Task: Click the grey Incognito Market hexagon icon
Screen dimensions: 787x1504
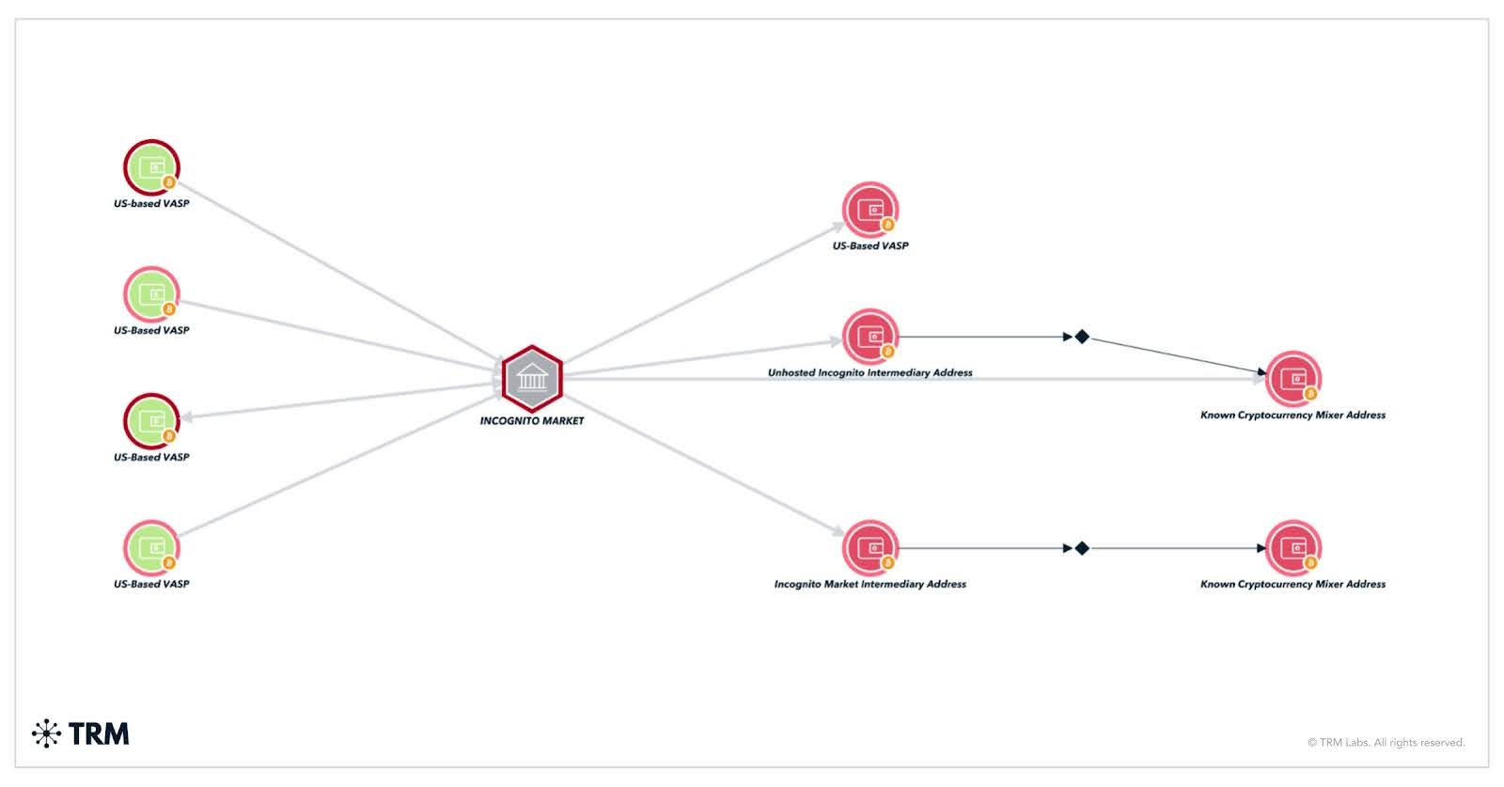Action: pyautogui.click(x=532, y=378)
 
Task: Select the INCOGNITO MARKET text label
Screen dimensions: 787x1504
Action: pyautogui.click(x=532, y=420)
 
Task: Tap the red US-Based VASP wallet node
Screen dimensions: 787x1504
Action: pyautogui.click(x=870, y=210)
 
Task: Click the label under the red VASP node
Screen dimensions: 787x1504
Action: pyautogui.click(x=870, y=245)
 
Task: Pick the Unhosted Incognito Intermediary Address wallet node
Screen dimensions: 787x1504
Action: pyautogui.click(x=870, y=337)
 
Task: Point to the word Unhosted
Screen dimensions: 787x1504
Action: pyautogui.click(x=791, y=372)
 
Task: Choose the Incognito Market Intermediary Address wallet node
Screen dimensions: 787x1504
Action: pyautogui.click(x=870, y=548)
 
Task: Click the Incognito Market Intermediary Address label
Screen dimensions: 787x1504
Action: pyautogui.click(x=870, y=584)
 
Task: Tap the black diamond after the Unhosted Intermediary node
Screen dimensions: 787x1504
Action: pyautogui.click(x=1082, y=337)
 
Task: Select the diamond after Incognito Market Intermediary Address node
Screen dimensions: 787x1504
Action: pyautogui.click(x=1082, y=548)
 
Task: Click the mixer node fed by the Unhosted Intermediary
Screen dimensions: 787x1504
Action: pyautogui.click(x=1293, y=379)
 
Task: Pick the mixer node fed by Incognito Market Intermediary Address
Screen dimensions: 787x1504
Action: pyautogui.click(x=1293, y=548)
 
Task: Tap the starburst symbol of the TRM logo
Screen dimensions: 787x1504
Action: pyautogui.click(x=46, y=733)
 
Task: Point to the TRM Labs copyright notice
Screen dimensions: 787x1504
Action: pyautogui.click(x=1386, y=743)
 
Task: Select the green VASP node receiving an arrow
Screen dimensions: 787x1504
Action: pyautogui.click(x=151, y=421)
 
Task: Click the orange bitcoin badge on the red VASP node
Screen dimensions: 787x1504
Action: pyautogui.click(x=888, y=225)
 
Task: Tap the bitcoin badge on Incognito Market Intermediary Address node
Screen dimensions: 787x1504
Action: pyautogui.click(x=888, y=563)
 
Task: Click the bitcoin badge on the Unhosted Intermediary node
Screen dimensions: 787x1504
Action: pyautogui.click(x=888, y=352)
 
